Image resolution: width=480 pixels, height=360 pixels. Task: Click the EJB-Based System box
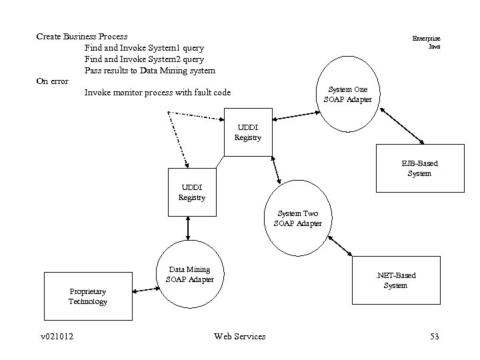419,168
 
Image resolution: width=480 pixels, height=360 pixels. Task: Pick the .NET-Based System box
396,281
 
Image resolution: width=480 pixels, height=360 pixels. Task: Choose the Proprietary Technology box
87,296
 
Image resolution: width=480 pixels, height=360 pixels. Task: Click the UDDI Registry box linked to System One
248,132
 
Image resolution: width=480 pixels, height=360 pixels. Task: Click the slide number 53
435,336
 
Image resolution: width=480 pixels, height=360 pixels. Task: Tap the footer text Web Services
240,336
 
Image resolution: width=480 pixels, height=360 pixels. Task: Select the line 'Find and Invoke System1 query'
144,48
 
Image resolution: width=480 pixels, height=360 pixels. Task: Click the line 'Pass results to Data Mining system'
149,70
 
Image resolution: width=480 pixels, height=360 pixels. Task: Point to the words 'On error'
52,81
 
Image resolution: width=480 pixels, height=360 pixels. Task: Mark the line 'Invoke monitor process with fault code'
157,93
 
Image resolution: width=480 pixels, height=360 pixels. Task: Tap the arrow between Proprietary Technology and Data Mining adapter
145,289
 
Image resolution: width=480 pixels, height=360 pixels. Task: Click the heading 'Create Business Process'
82,36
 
